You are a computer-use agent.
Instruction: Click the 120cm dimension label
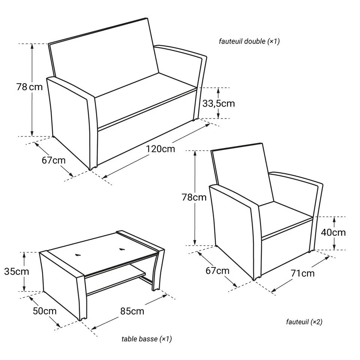(x=160, y=149)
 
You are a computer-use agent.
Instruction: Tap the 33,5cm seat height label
(x=219, y=103)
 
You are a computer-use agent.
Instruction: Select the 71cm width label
(x=302, y=273)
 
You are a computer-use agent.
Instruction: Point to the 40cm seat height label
(x=333, y=232)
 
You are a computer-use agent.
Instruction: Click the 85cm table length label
(x=132, y=311)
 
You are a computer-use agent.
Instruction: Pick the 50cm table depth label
(x=45, y=311)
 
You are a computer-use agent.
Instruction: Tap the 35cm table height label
(x=16, y=271)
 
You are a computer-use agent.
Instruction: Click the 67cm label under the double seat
(x=54, y=160)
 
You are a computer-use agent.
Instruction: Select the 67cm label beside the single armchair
(x=217, y=271)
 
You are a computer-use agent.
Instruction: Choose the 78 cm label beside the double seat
(x=29, y=87)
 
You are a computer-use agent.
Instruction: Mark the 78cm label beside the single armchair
(x=194, y=198)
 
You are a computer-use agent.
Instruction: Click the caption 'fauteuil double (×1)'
(x=249, y=41)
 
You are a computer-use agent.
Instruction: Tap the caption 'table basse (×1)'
(x=147, y=339)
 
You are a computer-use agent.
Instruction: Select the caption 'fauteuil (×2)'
(x=304, y=322)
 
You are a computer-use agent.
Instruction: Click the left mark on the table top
(x=78, y=254)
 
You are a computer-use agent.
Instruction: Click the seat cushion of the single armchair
(x=286, y=218)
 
